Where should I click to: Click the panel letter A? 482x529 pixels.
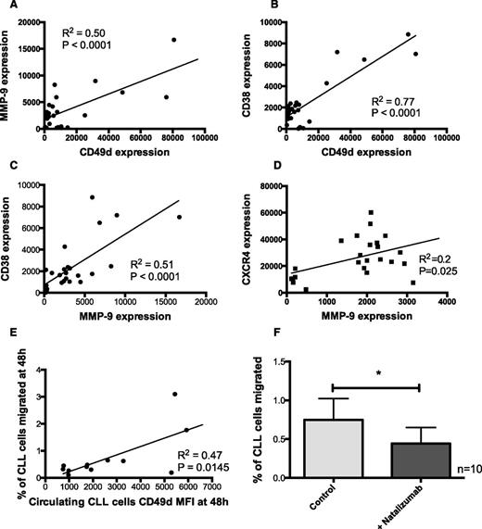tap(6, 6)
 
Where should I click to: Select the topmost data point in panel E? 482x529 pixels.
tap(174, 395)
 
